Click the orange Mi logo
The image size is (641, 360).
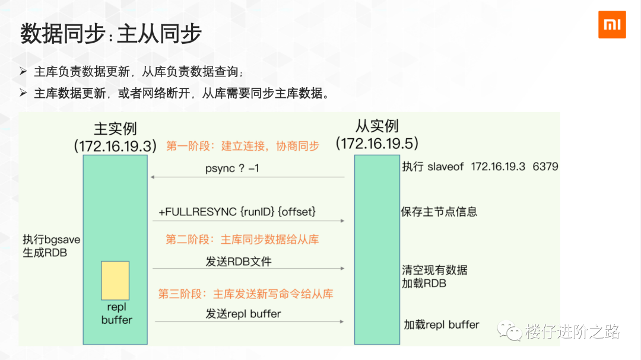[612, 24]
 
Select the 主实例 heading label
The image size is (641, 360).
[115, 128]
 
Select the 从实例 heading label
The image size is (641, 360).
[377, 126]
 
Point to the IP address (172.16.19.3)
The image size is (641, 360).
[115, 146]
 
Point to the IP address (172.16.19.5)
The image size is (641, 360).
[377, 144]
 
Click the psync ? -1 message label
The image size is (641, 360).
[232, 168]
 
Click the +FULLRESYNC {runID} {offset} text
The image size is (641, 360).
[237, 212]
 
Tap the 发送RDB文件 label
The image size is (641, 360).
[239, 262]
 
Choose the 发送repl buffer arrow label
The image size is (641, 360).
[243, 314]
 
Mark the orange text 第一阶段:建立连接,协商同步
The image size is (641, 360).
[242, 146]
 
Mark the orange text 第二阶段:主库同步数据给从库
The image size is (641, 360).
[242, 240]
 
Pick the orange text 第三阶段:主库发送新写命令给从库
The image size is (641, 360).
[245, 294]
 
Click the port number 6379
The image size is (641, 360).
[545, 167]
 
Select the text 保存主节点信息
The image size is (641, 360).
[439, 212]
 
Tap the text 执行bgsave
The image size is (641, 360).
[52, 240]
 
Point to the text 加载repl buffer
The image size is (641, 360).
[441, 324]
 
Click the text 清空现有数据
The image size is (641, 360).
[434, 270]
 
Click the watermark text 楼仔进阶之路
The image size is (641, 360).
[572, 332]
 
